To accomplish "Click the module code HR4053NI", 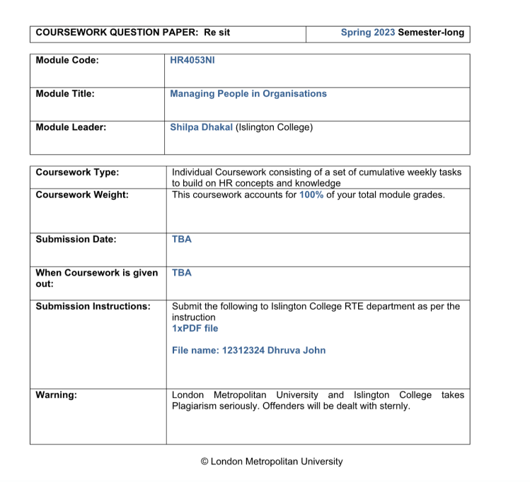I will (x=192, y=60).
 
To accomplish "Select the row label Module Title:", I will (x=65, y=94).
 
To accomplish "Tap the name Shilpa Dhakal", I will (x=201, y=127).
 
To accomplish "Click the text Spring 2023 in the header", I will (x=367, y=33).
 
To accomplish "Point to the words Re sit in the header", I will (x=216, y=33).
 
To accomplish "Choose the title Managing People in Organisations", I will (x=248, y=94).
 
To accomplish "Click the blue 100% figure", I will (x=311, y=194).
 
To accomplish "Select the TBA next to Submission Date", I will (x=181, y=239).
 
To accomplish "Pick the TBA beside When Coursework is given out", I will (x=181, y=272).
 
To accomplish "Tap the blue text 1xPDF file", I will (x=195, y=328).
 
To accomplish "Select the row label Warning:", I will (x=57, y=394).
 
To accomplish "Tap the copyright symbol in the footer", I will (x=204, y=462).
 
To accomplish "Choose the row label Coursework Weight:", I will (x=82, y=194).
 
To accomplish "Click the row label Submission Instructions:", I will (x=93, y=306).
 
